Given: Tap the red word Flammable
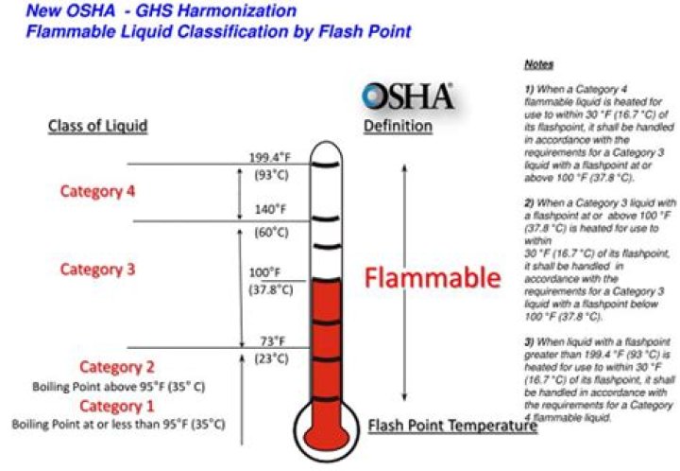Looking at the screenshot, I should [x=432, y=278].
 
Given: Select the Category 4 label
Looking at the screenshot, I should [x=98, y=191].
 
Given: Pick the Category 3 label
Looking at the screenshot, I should [x=98, y=270].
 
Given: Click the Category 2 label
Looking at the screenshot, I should [x=117, y=367].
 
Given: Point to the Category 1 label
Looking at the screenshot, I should [x=117, y=406].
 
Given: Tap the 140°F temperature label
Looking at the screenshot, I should [x=270, y=210].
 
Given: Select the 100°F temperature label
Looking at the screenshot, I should [x=266, y=272].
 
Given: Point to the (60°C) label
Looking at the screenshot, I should [x=270, y=231].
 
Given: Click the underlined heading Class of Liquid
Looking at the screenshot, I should [x=98, y=126].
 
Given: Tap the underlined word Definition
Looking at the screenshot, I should [x=398, y=126].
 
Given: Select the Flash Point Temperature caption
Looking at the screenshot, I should [x=452, y=427].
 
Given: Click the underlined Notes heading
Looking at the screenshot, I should [x=538, y=65].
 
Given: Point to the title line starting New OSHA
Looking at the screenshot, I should [x=161, y=11].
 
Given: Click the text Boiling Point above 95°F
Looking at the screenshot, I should [x=119, y=386].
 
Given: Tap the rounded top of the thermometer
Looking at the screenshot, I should [x=323, y=149].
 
